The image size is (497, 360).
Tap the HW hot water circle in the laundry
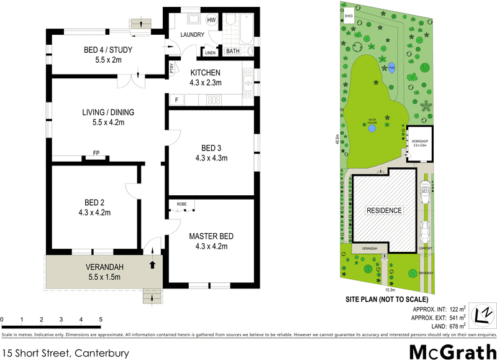[x=211, y=21]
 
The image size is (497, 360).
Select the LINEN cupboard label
[x=211, y=52]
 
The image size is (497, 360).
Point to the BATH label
[x=232, y=52]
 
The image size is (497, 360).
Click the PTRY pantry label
[x=172, y=69]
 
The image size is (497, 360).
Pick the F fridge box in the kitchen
[x=176, y=99]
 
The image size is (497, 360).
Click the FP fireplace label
[x=96, y=152]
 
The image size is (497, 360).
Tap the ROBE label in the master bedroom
[x=182, y=204]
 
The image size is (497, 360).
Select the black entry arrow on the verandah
[x=152, y=265]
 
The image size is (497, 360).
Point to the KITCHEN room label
[x=206, y=73]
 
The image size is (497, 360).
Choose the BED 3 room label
[x=212, y=148]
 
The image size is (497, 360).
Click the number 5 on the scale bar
[x=100, y=320]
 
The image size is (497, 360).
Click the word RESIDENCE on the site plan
[x=383, y=210]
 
